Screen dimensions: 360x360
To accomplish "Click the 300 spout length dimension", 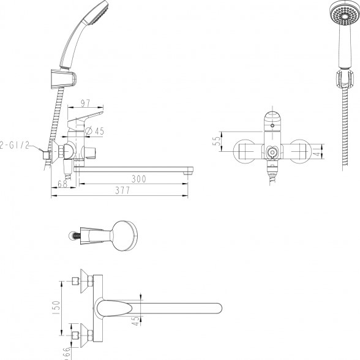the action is click(138, 179).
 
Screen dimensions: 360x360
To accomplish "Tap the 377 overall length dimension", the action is click(122, 190).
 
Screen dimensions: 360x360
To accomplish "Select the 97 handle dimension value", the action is click(86, 103).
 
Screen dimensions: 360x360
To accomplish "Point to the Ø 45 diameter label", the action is click(94, 131).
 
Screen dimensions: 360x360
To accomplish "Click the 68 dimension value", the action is click(62, 184).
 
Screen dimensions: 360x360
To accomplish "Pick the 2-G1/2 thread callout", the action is click(15, 145).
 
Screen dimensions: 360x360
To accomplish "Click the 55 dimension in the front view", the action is click(217, 141).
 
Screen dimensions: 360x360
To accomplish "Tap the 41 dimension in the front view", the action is click(318, 151).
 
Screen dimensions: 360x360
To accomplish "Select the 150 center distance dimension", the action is click(56, 309).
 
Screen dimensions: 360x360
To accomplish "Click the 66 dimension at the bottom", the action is click(66, 353).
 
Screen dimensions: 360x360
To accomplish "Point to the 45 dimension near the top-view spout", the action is click(136, 321).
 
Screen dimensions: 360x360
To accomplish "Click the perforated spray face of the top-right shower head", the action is click(344, 15).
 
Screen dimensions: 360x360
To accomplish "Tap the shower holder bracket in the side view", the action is click(63, 78).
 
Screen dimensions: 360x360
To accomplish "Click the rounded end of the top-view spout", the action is click(218, 308).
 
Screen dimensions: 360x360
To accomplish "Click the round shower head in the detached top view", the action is click(125, 236).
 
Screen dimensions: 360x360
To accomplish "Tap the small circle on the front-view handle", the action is click(272, 126).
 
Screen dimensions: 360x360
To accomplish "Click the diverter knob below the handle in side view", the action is click(89, 152).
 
